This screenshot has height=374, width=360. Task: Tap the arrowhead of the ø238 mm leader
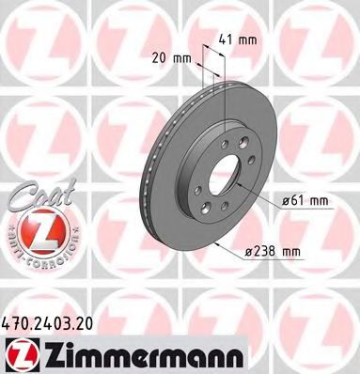click(x=218, y=243)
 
